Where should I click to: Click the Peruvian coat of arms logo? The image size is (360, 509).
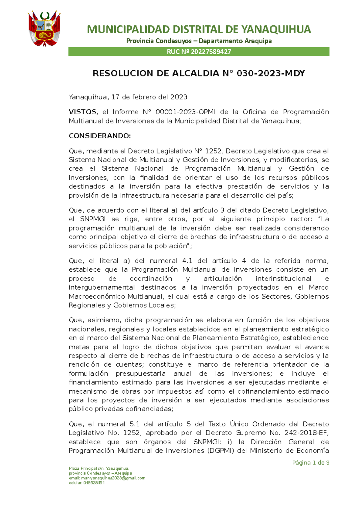[44, 29]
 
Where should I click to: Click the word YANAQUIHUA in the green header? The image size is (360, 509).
[276, 29]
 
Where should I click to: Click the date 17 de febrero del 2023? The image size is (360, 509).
[149, 97]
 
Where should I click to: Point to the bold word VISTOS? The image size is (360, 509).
[82, 112]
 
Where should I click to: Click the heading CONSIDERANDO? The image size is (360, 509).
[100, 136]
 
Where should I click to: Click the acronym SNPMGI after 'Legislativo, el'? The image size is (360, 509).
[93, 219]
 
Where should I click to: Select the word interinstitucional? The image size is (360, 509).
[283, 279]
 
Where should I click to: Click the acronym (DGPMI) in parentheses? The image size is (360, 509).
[221, 451]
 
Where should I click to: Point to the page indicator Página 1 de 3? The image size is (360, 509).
[310, 463]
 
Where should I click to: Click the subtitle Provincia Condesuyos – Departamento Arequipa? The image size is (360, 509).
[199, 41]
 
